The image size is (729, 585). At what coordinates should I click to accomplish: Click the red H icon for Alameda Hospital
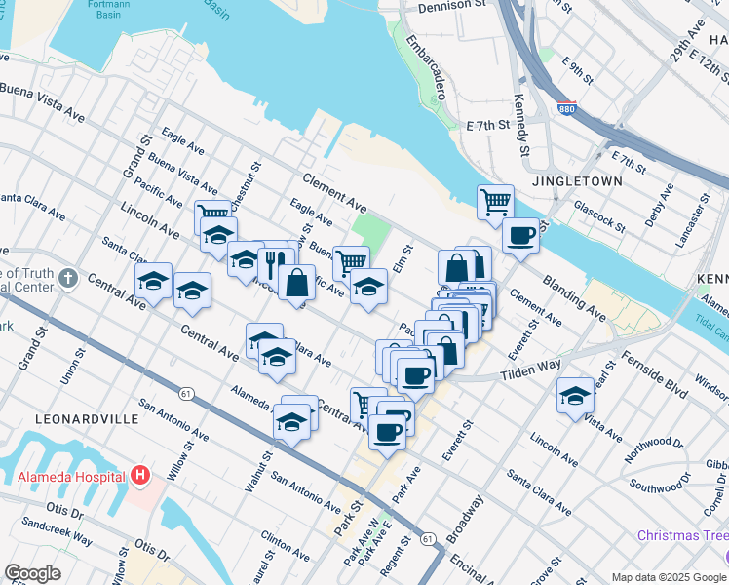[x=141, y=477]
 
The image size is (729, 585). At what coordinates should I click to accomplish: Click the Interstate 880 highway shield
[x=566, y=110]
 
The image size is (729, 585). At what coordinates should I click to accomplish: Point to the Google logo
[x=32, y=573]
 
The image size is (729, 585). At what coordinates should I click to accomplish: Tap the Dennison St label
[x=451, y=6]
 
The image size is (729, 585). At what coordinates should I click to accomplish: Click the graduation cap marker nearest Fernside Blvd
[x=576, y=397]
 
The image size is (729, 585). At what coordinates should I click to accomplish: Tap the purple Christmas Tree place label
[x=682, y=536]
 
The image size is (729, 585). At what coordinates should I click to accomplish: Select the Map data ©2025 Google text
[x=669, y=576]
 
